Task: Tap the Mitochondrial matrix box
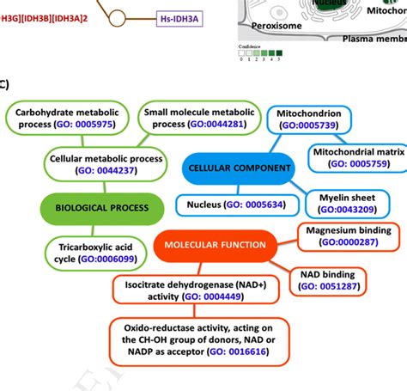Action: point(356,156)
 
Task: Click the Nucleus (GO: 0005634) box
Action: point(238,205)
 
